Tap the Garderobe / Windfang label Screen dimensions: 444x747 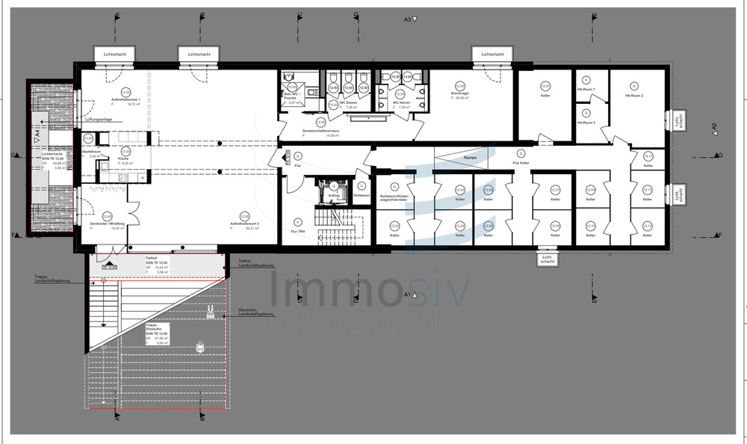106,223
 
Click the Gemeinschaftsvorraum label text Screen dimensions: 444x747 320,130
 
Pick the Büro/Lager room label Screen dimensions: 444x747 459,93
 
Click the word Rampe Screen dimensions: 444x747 470,158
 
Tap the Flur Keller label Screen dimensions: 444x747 521,162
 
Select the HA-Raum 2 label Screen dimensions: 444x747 634,96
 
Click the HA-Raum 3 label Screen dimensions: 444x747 586,122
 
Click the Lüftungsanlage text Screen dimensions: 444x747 102,119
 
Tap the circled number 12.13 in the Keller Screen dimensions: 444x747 648,226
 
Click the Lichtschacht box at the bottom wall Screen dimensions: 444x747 547,260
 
